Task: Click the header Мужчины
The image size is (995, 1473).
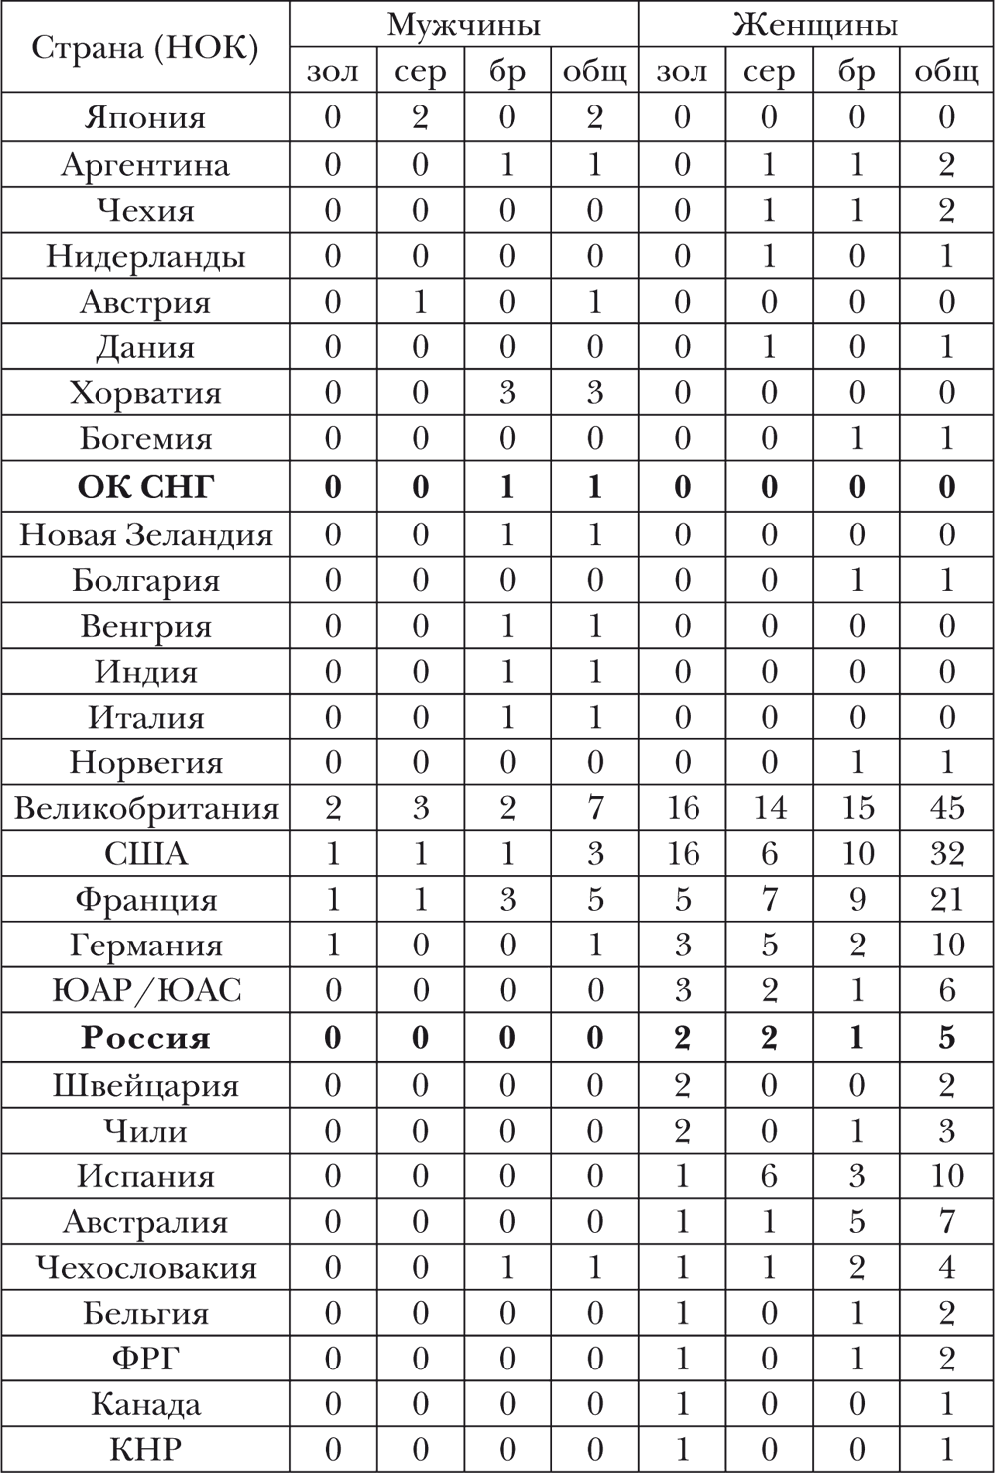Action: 463,25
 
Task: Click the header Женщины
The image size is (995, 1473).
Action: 815,25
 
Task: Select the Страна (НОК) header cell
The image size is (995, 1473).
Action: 145,48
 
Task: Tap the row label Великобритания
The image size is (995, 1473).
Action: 145,808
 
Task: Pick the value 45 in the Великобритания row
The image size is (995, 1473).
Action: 945,808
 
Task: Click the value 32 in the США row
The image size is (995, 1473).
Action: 945,854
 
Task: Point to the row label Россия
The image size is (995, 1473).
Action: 145,1038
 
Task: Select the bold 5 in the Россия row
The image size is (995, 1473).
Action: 945,1038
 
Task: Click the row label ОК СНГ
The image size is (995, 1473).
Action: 145,487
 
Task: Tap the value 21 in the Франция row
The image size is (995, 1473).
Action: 945,900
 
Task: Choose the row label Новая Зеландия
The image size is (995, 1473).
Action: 145,535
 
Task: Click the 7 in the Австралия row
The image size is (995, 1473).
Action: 945,1222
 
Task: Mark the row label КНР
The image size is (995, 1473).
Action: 145,1449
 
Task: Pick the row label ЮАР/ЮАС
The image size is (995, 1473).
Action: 145,991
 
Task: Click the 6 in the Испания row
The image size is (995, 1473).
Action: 769,1176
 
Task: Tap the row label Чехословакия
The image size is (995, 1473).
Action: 145,1268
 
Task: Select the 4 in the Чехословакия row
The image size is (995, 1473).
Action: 945,1268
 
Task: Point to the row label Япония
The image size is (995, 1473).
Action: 145,117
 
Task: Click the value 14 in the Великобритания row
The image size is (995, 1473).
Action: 769,808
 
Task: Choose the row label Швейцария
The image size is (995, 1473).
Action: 145,1085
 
